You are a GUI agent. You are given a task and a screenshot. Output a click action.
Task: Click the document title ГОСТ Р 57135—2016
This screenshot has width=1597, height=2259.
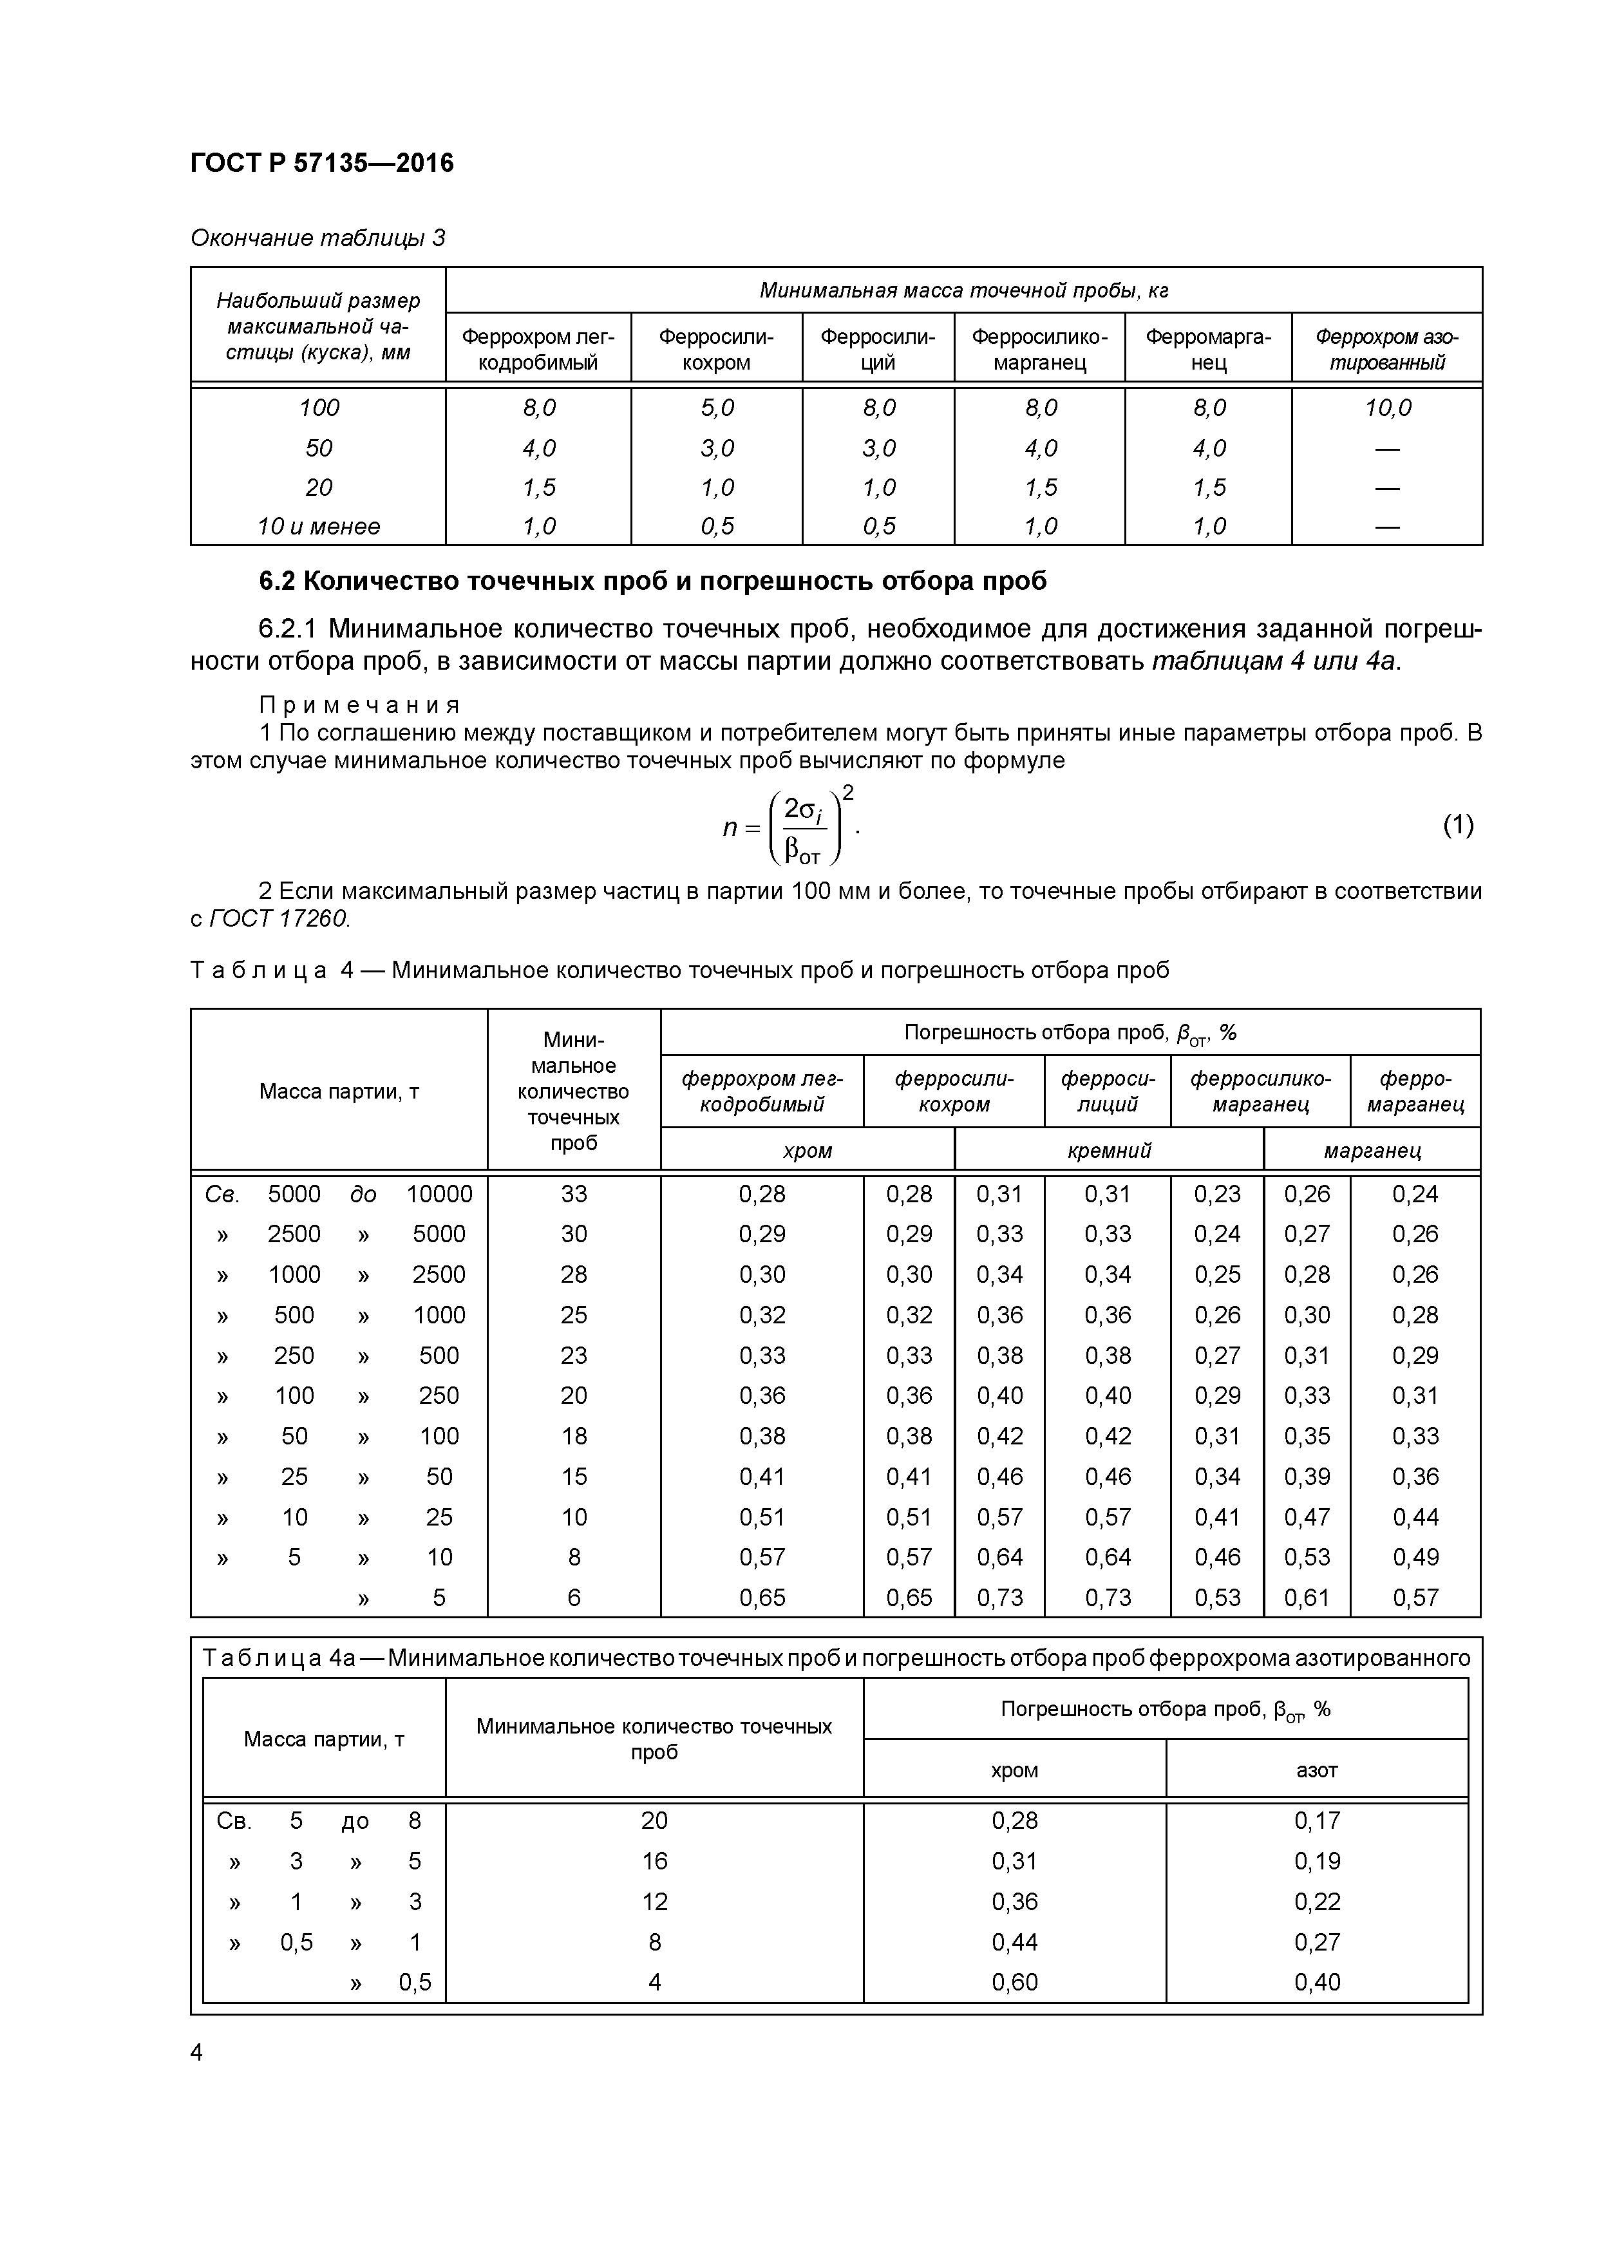[x=322, y=164]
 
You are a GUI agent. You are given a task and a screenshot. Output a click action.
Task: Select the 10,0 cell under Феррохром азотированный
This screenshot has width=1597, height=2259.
[x=1386, y=408]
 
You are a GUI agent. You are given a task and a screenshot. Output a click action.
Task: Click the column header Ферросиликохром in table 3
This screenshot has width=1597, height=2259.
[x=715, y=349]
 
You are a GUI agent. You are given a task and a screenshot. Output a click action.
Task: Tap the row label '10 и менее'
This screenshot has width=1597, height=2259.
[x=318, y=526]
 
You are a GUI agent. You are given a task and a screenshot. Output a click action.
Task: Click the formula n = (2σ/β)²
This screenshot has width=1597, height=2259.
[x=790, y=826]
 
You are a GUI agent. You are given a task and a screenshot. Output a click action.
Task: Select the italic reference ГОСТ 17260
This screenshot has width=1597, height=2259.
[x=279, y=919]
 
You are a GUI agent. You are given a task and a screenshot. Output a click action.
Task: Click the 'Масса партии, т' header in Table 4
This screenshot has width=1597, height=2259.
[x=339, y=1091]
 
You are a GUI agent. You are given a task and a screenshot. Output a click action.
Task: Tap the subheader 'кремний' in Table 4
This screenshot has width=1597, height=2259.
[x=1108, y=1150]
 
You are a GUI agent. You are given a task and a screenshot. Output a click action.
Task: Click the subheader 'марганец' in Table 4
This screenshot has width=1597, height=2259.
[x=1371, y=1150]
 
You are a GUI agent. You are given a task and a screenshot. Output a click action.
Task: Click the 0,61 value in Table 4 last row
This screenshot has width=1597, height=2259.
[x=1306, y=1598]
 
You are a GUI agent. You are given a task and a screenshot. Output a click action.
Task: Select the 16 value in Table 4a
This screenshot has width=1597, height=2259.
[x=654, y=1862]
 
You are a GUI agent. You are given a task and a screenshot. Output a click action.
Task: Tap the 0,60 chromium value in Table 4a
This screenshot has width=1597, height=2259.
[x=1014, y=1983]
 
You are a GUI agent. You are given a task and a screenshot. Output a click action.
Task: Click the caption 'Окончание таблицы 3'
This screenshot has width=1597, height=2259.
[x=317, y=238]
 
